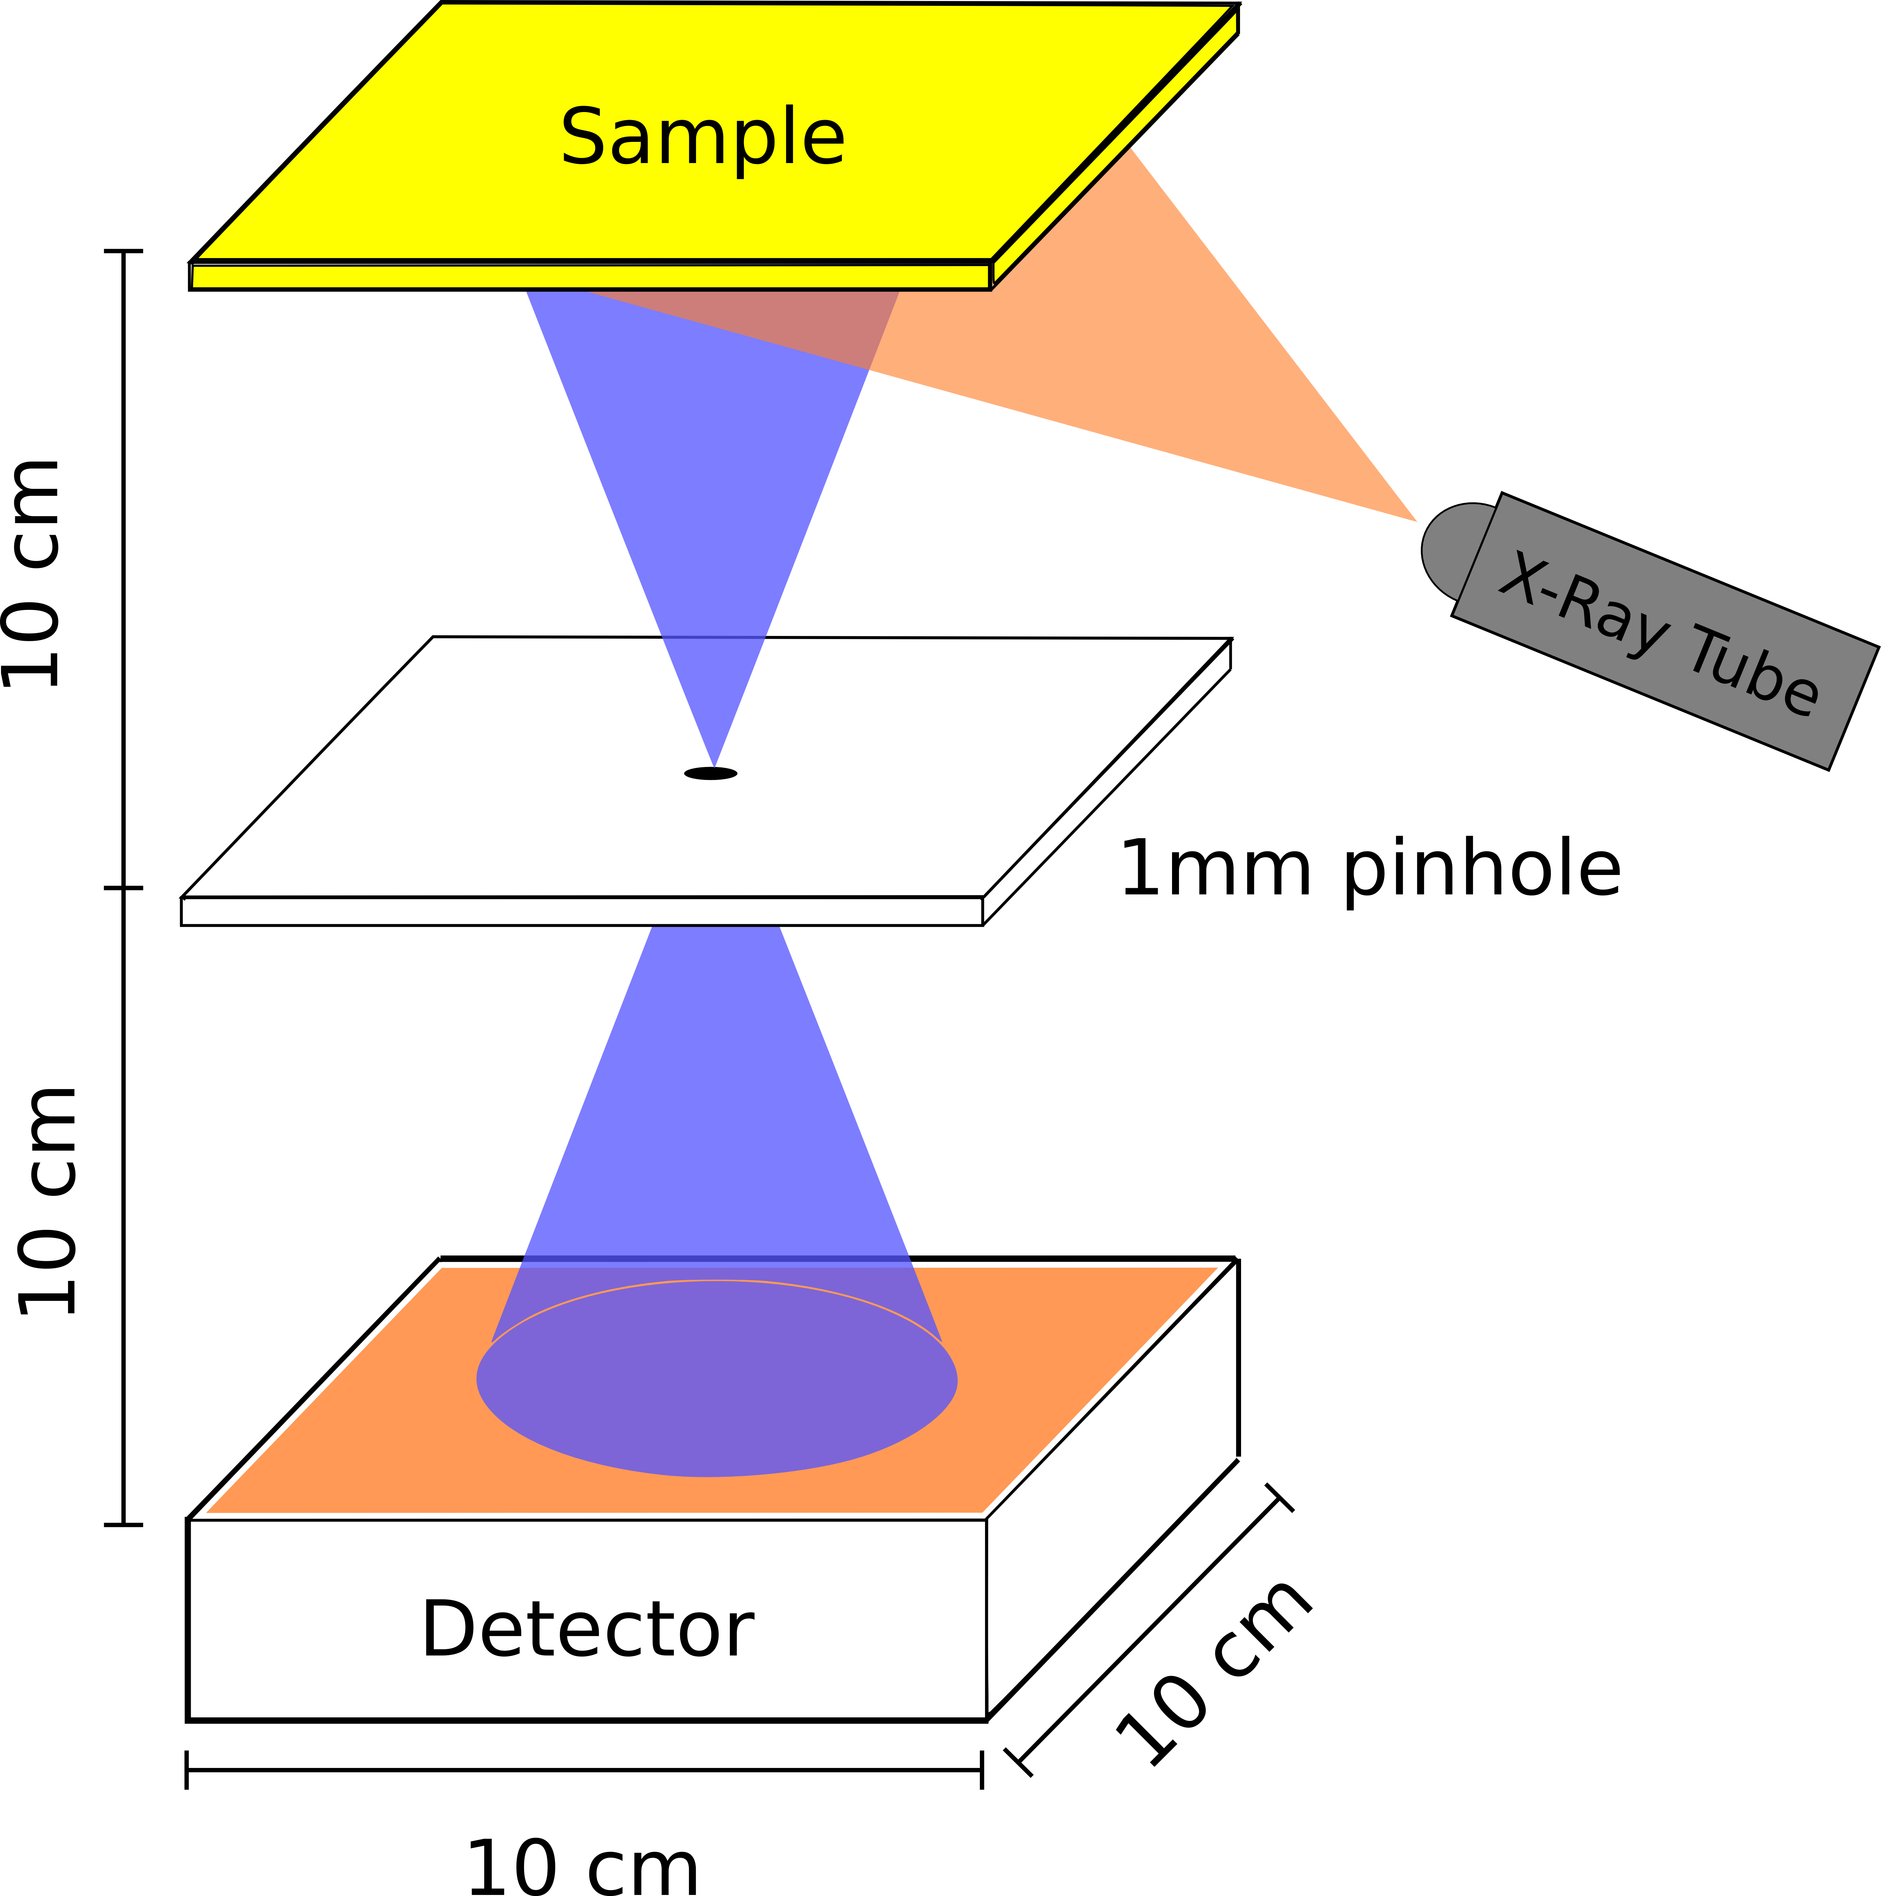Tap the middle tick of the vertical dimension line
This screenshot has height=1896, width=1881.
click(x=123, y=888)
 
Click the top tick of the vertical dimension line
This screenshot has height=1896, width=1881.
click(x=123, y=251)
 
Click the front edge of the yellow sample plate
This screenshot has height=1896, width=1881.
click(x=589, y=277)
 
